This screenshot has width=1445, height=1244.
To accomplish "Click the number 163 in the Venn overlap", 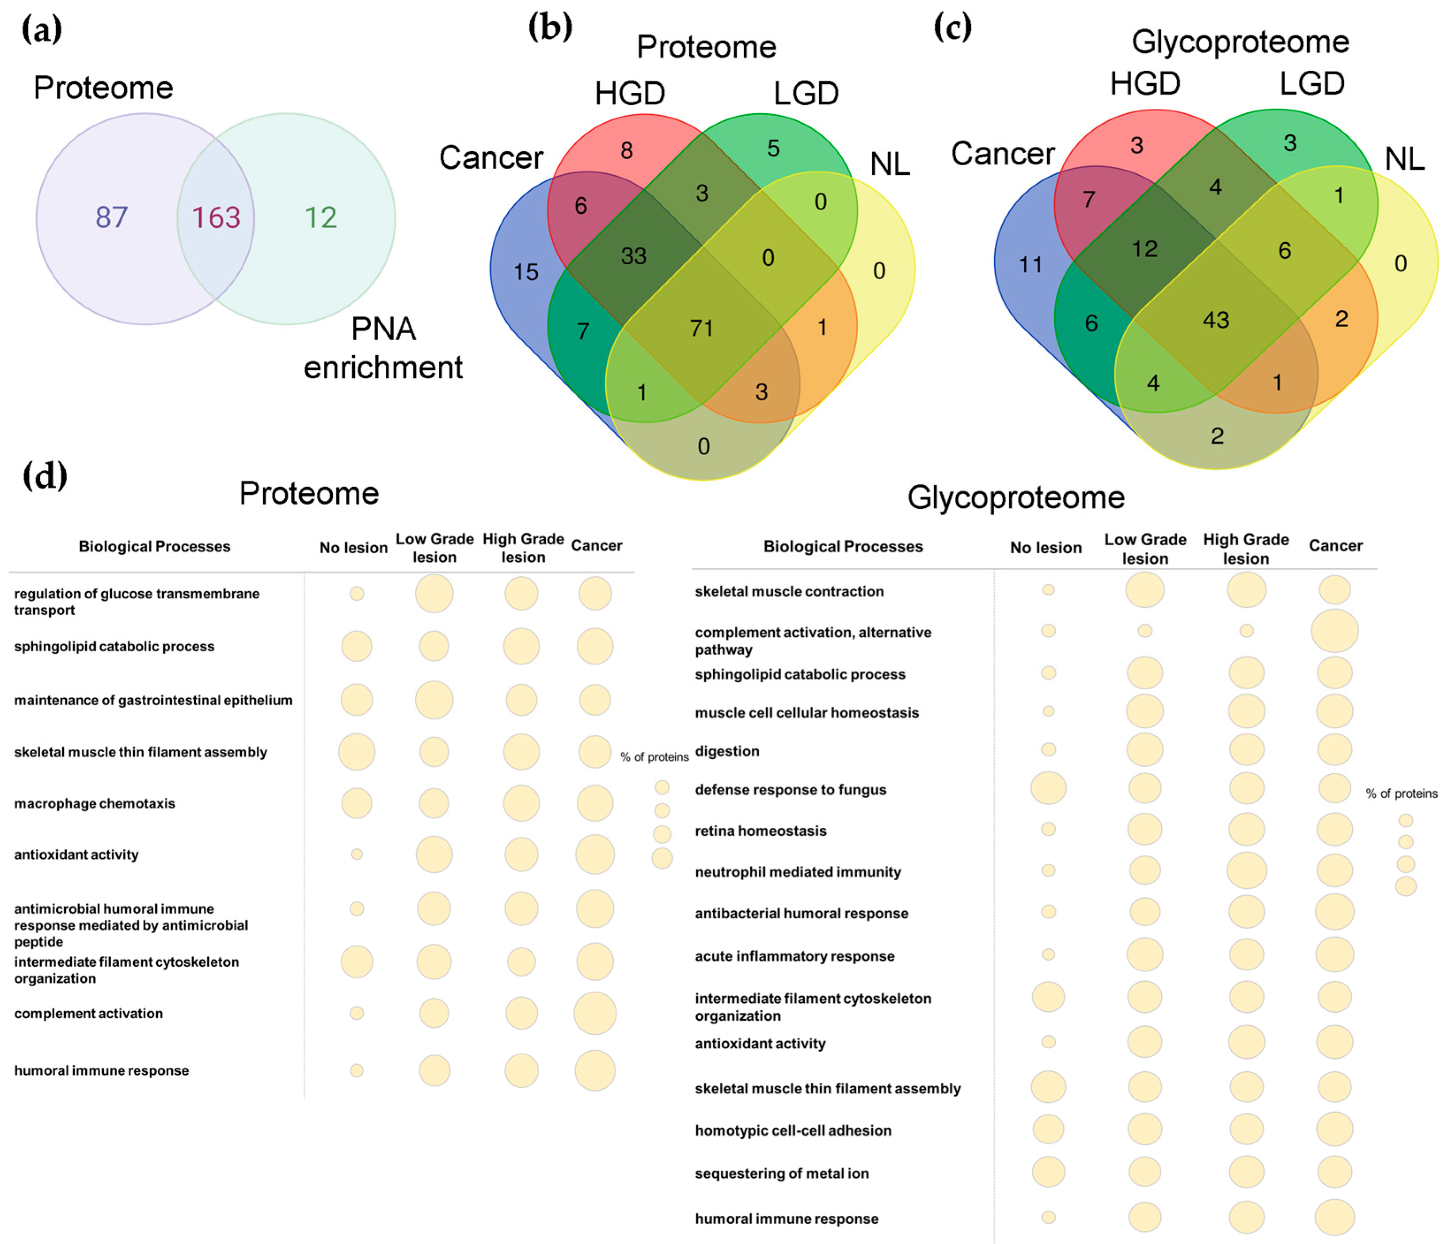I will (x=216, y=217).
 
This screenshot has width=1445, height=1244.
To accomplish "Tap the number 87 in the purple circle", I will (x=112, y=217).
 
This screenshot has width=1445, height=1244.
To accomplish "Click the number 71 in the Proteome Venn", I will (x=702, y=328).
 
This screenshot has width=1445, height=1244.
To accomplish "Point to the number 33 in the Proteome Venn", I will (x=633, y=256).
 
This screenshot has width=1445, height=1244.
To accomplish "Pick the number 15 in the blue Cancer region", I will (x=526, y=272).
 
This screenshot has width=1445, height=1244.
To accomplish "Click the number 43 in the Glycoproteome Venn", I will (x=1216, y=320).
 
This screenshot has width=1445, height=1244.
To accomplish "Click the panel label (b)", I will (x=550, y=28).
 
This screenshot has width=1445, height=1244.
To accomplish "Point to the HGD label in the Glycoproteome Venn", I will (x=1145, y=84).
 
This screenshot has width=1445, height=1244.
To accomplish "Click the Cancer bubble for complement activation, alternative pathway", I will (x=1334, y=630).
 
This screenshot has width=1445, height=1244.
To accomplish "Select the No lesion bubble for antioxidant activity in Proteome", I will (x=356, y=854).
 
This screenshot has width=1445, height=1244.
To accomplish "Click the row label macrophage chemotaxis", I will (x=95, y=803).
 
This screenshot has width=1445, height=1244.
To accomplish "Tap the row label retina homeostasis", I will (x=760, y=830).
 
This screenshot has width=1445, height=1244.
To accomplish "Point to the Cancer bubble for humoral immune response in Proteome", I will (x=594, y=1070).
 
